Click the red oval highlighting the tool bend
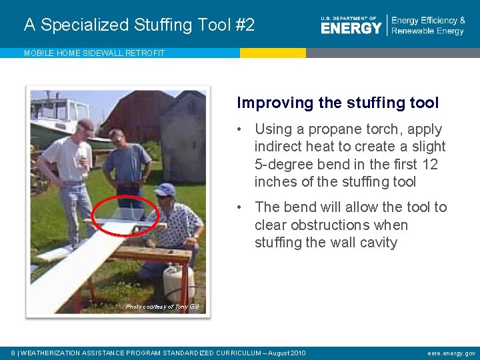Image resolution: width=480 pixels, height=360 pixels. [x=125, y=215]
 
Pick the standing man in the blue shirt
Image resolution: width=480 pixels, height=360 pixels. [x=127, y=163]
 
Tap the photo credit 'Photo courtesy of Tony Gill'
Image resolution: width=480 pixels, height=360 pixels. [x=162, y=307]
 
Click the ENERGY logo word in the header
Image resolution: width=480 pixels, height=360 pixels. [x=351, y=27]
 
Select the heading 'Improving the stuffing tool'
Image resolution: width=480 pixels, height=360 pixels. [x=337, y=103]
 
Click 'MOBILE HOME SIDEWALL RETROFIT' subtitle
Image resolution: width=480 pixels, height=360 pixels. [x=94, y=53]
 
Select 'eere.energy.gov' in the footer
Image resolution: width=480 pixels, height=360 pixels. [x=451, y=353]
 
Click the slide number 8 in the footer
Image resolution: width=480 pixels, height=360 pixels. [x=14, y=353]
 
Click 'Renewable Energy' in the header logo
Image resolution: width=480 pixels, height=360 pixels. [x=427, y=31]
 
